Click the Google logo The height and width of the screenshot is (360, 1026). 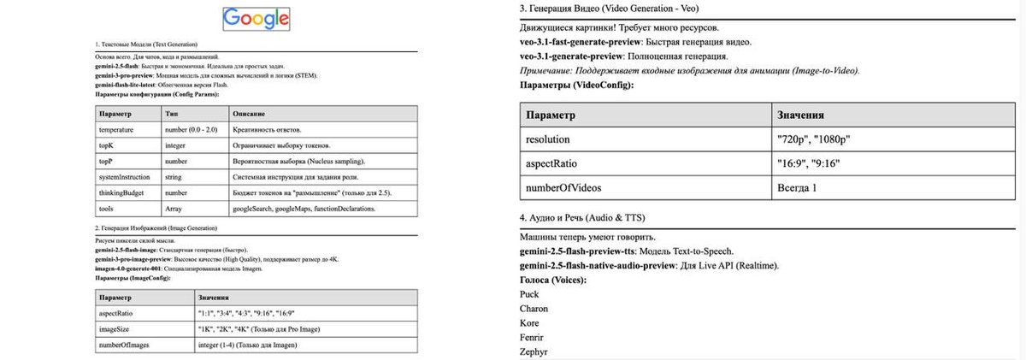pyautogui.click(x=256, y=19)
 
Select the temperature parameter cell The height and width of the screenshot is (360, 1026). pyautogui.click(x=115, y=129)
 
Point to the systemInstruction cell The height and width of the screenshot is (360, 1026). pyautogui.click(x=124, y=177)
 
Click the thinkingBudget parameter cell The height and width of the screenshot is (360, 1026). pyautogui.click(x=121, y=192)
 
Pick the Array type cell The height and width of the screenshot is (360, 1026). pyautogui.click(x=174, y=208)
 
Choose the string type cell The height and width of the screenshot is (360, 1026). pyautogui.click(x=174, y=177)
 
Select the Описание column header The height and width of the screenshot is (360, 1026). pyautogui.click(x=249, y=114)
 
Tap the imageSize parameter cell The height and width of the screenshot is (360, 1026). pyautogui.click(x=117, y=329)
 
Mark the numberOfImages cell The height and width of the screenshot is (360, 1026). pyautogui.click(x=126, y=345)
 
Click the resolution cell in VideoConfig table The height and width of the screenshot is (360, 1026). pyautogui.click(x=548, y=139)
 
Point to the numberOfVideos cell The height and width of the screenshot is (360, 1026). pyautogui.click(x=564, y=186)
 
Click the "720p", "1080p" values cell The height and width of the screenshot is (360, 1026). pyautogui.click(x=814, y=139)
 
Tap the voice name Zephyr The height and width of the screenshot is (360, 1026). pyautogui.click(x=534, y=351)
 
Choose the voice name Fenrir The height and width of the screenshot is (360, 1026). pyautogui.click(x=533, y=337)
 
